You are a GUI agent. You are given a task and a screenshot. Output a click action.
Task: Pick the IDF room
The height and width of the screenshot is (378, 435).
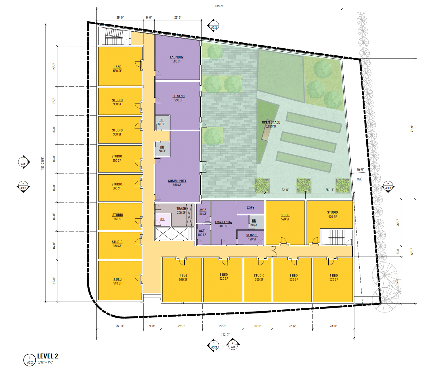coord(162,219)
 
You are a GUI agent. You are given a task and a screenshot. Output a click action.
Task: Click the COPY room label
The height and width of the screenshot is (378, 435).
coord(251,208)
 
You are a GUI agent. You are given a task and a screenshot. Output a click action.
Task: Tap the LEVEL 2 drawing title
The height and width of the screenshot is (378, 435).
coord(48,356)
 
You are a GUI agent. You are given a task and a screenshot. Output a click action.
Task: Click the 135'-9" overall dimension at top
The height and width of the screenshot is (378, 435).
coord(219,6)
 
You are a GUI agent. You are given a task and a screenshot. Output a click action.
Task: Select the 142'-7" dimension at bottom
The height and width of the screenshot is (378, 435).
coord(225,334)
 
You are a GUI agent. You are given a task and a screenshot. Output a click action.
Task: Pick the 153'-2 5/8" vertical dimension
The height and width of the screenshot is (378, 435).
coord(43,163)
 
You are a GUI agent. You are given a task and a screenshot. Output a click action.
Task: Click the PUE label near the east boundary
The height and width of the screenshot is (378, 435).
coord(360,179)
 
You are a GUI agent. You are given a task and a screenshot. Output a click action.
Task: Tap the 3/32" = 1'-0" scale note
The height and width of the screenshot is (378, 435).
coord(46,362)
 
